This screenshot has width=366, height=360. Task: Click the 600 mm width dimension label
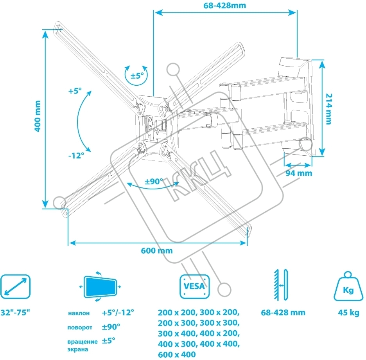click(157, 251)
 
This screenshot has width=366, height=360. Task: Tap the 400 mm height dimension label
click(38, 116)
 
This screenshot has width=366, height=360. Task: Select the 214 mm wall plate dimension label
click(328, 109)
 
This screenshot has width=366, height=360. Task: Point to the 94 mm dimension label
click(299, 173)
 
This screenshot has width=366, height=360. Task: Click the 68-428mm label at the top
click(224, 5)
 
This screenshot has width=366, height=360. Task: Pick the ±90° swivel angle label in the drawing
click(154, 182)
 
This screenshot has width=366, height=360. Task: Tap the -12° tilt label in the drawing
click(76, 155)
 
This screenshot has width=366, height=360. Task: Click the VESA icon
click(194, 286)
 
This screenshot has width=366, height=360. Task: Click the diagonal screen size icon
click(15, 287)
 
